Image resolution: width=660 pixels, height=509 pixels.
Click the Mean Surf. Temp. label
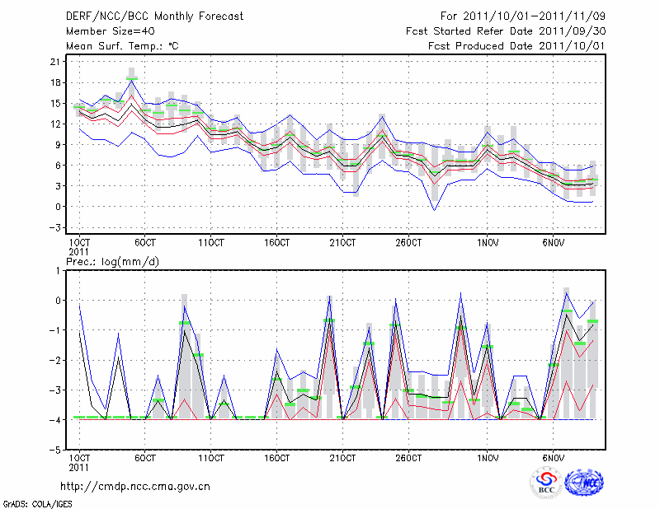tap(121, 45)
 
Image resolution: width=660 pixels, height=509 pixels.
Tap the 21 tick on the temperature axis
tap(57, 62)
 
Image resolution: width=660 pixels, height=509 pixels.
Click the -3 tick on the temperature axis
tap(57, 227)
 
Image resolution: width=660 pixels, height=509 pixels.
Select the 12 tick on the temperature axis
tap(57, 124)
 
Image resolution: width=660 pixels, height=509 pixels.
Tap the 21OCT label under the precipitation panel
tap(342, 456)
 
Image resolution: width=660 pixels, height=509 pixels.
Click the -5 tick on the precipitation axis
tap(57, 451)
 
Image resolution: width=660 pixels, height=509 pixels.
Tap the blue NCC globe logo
tap(583, 483)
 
